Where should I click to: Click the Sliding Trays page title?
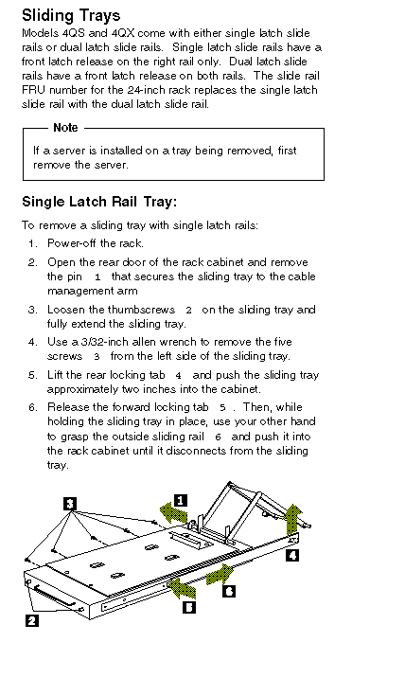point(71,16)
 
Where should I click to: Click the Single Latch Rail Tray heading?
point(99,202)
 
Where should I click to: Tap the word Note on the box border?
point(65,128)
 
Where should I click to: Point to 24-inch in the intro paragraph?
point(145,90)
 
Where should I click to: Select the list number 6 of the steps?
point(33,407)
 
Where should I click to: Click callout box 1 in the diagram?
point(181,500)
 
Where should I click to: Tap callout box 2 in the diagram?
point(31,620)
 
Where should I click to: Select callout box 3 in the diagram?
point(70,504)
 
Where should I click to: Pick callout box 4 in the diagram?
point(292,555)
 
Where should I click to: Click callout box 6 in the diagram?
point(229,591)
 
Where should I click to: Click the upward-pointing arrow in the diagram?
point(293,519)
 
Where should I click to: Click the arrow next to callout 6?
point(220,576)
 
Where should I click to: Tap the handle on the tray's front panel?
point(51,597)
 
